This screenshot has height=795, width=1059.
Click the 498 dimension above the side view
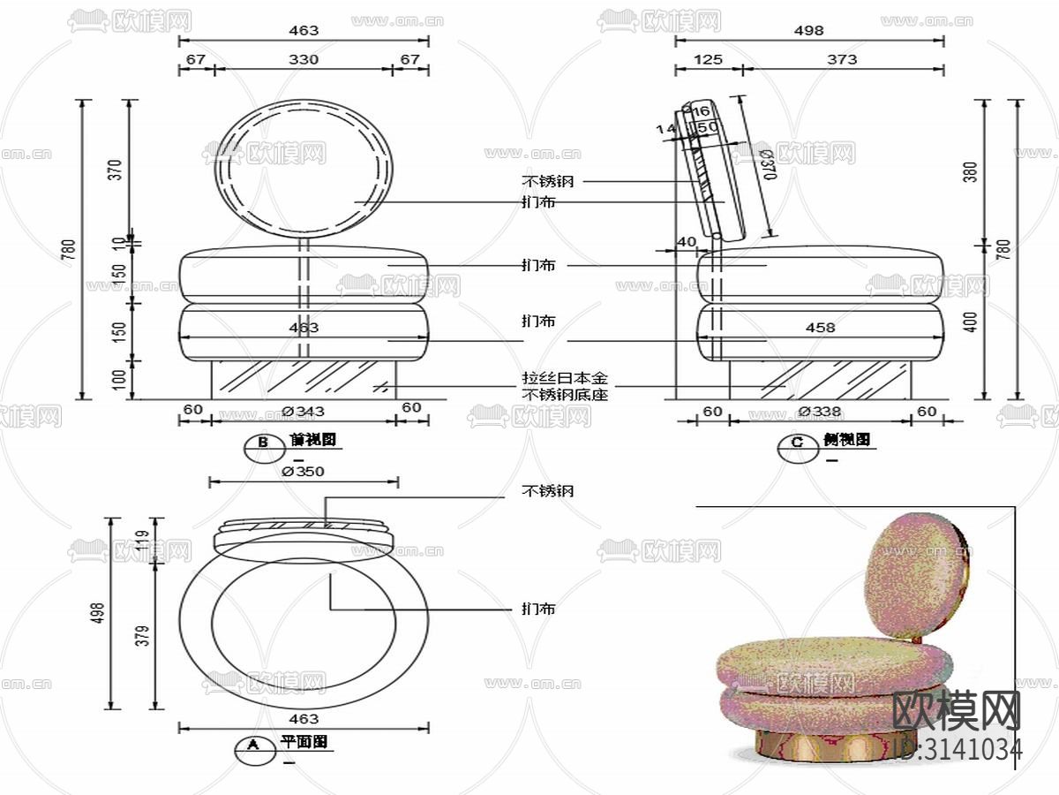point(808,30)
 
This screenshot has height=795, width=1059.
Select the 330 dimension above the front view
point(304,59)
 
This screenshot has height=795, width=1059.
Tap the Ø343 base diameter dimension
point(304,410)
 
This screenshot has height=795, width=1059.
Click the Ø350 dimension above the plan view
point(304,472)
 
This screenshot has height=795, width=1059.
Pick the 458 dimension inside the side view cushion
point(820,328)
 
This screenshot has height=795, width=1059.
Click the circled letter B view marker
point(262,443)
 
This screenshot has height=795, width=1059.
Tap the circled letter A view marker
point(253,746)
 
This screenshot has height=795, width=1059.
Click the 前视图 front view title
point(312,439)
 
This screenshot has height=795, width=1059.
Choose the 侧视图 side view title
point(847,439)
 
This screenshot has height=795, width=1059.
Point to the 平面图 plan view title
point(304,742)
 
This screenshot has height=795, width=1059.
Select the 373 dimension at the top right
point(842,59)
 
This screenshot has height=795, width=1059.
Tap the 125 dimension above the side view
point(708,59)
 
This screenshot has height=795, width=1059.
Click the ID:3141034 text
point(958,749)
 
